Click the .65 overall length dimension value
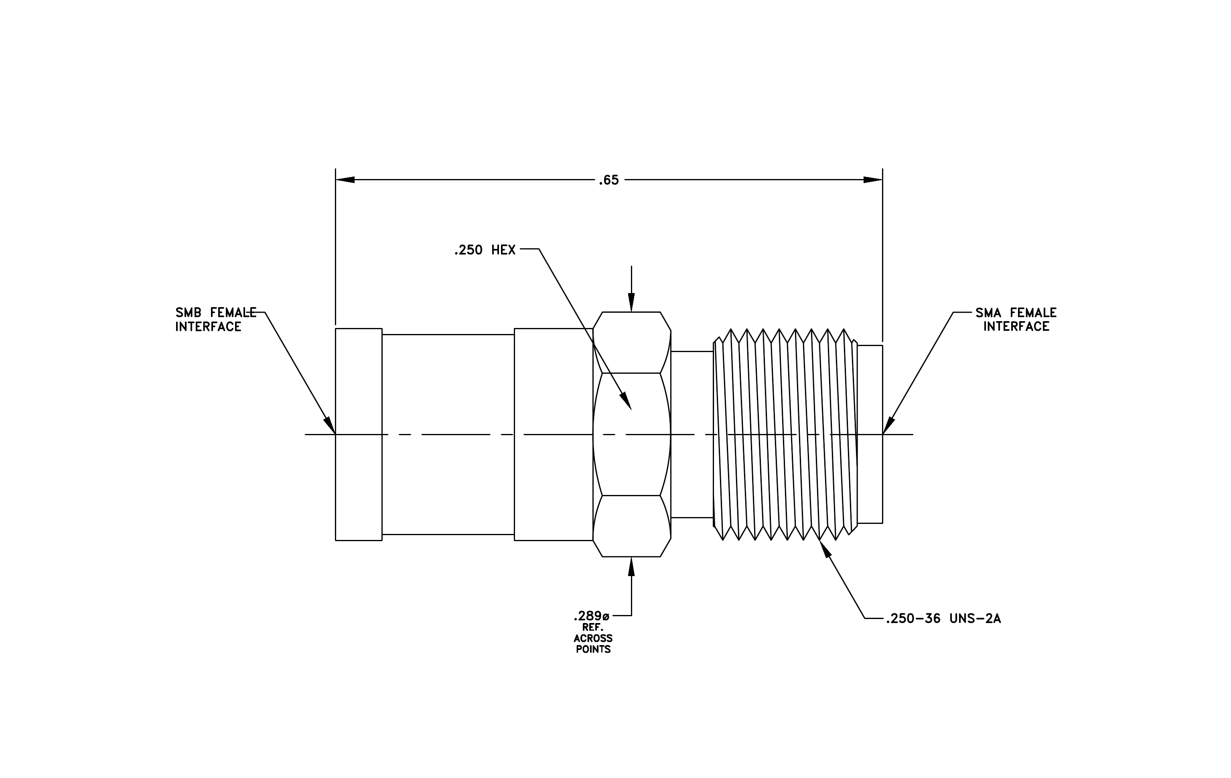click(609, 180)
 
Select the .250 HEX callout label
click(485, 250)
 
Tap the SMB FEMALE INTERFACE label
click(216, 320)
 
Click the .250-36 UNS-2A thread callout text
click(943, 619)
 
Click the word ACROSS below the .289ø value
click(593, 638)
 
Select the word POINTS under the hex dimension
click(593, 650)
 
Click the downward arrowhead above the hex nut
click(631, 302)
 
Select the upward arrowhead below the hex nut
click(631, 566)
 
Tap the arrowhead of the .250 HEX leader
click(626, 401)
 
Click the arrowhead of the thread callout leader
click(825, 548)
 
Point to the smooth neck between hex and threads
click(692, 434)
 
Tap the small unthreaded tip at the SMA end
click(870, 434)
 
